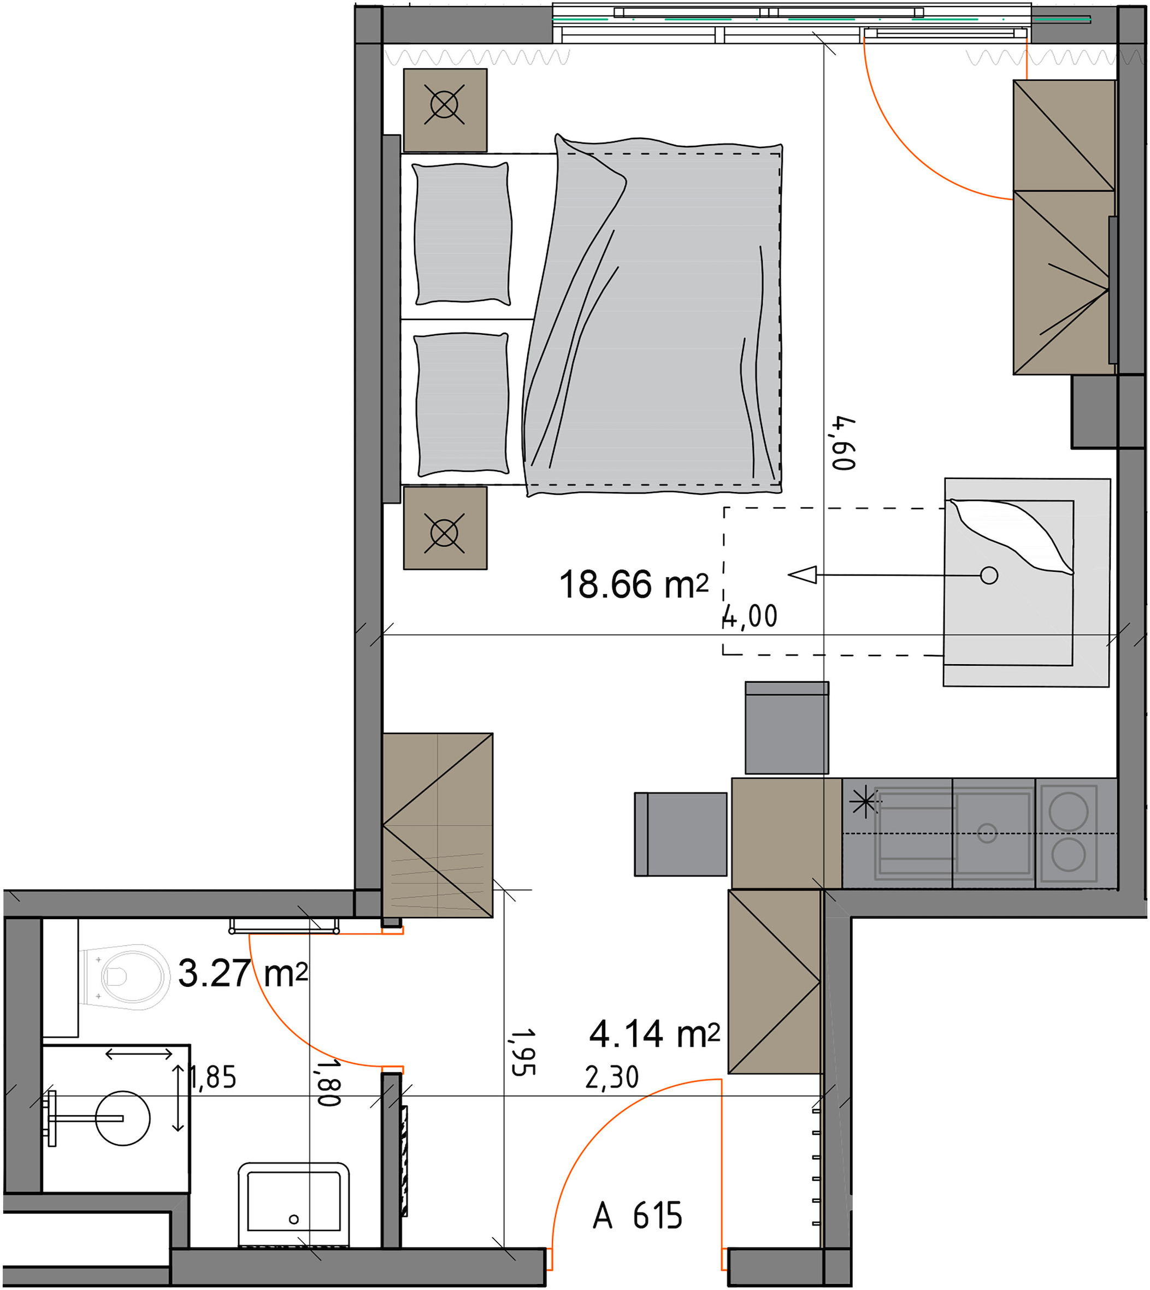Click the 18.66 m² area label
[x=633, y=584]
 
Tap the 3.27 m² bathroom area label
[x=243, y=973]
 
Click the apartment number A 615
[x=638, y=1216]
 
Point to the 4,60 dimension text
[x=844, y=443]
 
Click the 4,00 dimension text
[x=750, y=616]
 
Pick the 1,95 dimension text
[x=523, y=1052]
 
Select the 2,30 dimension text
[x=612, y=1077]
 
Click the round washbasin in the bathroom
[x=122, y=1118]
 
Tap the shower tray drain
[x=293, y=1219]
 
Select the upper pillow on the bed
[x=462, y=234]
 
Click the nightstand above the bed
[x=445, y=110]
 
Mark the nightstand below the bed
[x=445, y=528]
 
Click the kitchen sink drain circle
[x=987, y=833]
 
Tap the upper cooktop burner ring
[x=1069, y=811]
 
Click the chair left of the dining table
[x=681, y=834]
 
